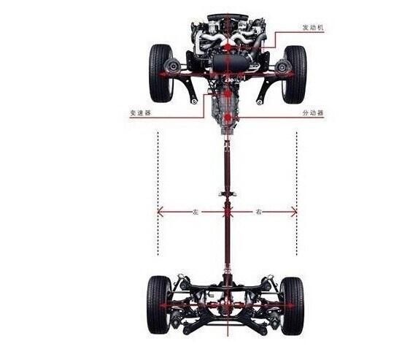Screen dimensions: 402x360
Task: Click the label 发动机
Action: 313,28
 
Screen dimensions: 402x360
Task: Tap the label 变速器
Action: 141,112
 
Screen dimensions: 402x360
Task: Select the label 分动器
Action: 313,112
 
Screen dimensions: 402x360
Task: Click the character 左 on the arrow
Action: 196,212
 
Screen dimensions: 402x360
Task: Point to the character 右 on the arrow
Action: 258,212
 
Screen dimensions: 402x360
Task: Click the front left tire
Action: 161,74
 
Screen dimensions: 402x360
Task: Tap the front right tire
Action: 295,74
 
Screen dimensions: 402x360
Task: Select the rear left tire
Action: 159,305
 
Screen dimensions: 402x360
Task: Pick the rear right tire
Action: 293,306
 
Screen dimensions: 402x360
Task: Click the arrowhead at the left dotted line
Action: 160,212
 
